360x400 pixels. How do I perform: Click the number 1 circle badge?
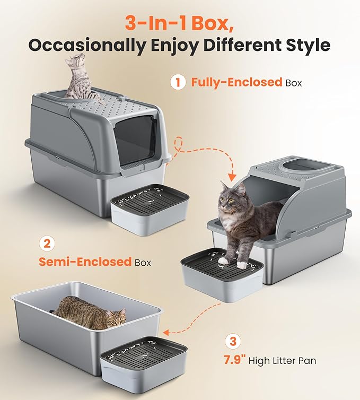point(177,83)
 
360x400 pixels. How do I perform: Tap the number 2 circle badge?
point(47,244)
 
